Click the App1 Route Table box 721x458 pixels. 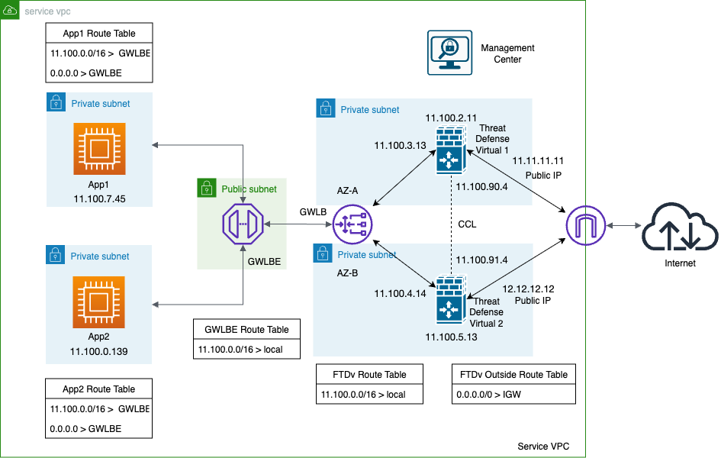point(99,33)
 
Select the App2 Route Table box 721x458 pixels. point(98,389)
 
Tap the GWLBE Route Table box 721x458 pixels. point(246,329)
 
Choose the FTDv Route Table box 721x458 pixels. point(369,374)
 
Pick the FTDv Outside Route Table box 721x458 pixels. point(513,374)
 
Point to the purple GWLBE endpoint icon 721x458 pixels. point(243,224)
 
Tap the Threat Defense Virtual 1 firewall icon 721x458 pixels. point(451,151)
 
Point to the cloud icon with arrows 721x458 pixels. point(680,226)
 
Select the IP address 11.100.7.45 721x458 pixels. point(99,198)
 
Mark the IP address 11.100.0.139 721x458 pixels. point(99,351)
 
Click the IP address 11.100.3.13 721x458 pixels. point(399,145)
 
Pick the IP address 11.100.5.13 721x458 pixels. point(451,336)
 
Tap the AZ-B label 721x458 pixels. point(348,272)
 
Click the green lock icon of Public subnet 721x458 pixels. point(206,188)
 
